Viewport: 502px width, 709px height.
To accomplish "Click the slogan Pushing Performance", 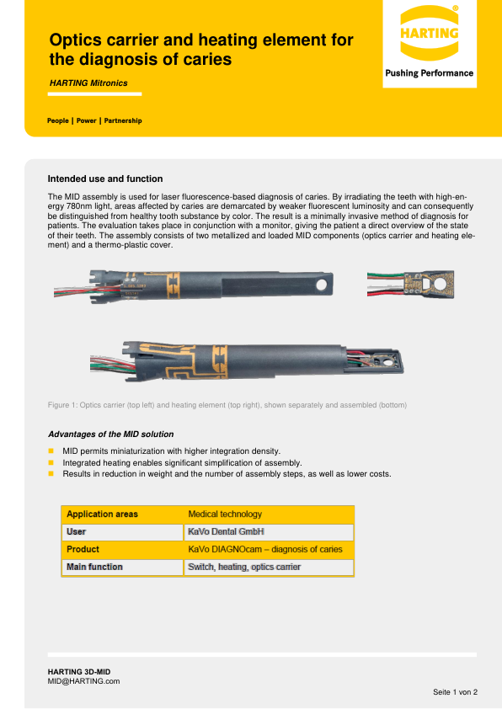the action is click(x=429, y=73).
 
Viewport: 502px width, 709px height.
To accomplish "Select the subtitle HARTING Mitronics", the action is click(x=88, y=83).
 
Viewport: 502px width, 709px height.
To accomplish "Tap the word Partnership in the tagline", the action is click(x=123, y=120).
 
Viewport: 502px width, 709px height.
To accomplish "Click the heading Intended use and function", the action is click(x=105, y=179).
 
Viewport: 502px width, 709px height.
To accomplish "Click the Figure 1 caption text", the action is click(x=227, y=405).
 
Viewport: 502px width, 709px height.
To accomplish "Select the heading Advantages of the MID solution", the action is click(x=110, y=434).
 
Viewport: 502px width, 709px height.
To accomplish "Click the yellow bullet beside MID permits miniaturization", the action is click(x=51, y=451).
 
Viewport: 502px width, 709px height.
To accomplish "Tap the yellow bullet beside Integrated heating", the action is click(x=51, y=463).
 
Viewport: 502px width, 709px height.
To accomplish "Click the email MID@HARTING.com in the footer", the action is click(x=83, y=680).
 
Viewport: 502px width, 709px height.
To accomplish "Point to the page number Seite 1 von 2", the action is click(x=455, y=692).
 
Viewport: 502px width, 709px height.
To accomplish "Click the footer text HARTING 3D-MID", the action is click(x=78, y=670).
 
